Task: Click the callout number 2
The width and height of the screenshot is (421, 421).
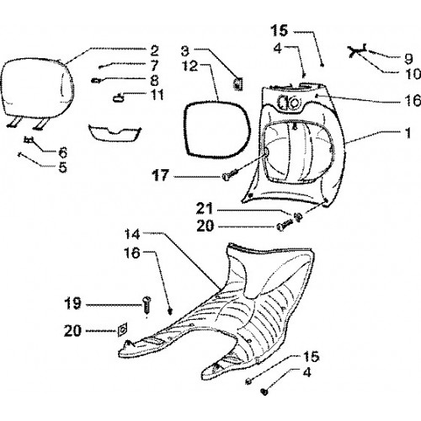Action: [154, 51]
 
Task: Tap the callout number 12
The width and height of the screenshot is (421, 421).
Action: [190, 67]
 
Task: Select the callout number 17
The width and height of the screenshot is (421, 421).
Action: [161, 176]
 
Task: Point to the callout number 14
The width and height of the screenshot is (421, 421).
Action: [132, 234]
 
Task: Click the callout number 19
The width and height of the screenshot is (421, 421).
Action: [72, 303]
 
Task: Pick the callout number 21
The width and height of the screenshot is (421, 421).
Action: [205, 209]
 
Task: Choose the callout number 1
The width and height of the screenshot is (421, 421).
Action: [408, 133]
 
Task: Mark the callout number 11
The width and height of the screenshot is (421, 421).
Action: [157, 95]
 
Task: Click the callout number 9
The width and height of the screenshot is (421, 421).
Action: [408, 59]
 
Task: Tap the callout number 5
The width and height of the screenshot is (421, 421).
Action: [63, 168]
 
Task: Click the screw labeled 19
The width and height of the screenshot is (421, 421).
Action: [147, 305]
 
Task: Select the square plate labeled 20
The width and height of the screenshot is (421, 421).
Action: [122, 329]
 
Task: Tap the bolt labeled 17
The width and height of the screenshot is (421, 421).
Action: [230, 174]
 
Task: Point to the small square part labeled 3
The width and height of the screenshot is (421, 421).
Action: [238, 83]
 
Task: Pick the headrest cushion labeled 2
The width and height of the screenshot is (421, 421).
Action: [36, 87]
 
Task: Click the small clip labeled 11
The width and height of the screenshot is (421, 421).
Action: [118, 98]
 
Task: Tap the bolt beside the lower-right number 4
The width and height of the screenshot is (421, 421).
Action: [264, 391]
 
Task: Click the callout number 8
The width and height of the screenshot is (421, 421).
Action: [155, 81]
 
